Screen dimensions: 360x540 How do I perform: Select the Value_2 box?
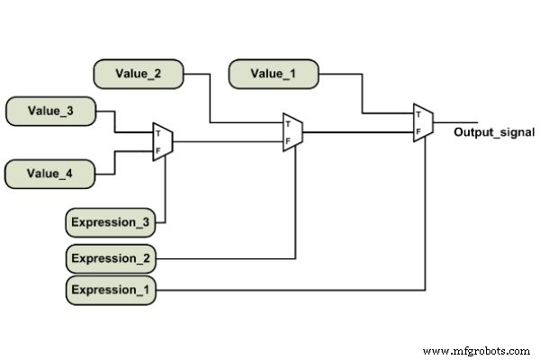[139, 74]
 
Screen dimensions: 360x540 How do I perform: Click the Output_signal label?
[494, 132]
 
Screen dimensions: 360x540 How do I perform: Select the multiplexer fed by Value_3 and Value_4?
[163, 142]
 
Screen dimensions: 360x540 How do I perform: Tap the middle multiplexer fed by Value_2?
[292, 132]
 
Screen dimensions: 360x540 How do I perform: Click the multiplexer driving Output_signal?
[423, 123]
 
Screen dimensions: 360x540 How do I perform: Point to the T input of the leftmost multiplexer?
[158, 134]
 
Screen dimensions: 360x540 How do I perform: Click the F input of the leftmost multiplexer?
[158, 149]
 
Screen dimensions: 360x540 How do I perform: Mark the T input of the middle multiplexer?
[288, 124]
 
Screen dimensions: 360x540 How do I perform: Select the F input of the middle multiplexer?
[288, 140]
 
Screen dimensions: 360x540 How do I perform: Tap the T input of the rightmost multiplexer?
[418, 115]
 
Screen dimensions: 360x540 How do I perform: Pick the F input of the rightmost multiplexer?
[418, 131]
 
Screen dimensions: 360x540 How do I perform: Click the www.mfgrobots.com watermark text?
[477, 350]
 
